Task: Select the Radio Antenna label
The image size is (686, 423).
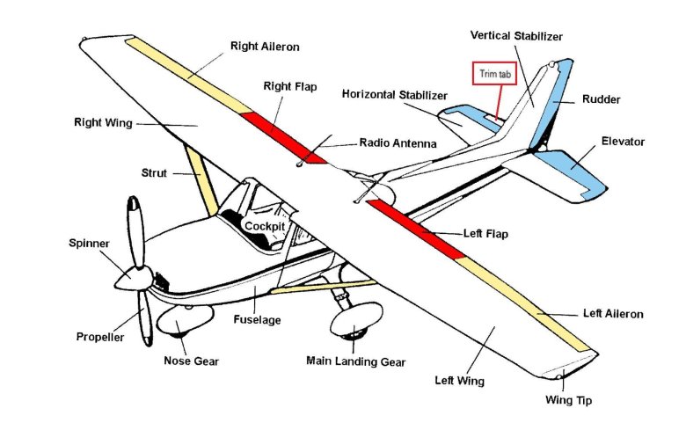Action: [x=398, y=142]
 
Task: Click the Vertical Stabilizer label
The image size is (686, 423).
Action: [x=516, y=36]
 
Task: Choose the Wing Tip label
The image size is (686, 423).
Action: [x=569, y=401]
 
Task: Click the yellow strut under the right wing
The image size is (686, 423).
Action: [x=201, y=179]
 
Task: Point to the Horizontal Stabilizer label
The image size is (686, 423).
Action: [x=395, y=94]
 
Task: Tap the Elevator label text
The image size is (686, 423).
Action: [x=623, y=141]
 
